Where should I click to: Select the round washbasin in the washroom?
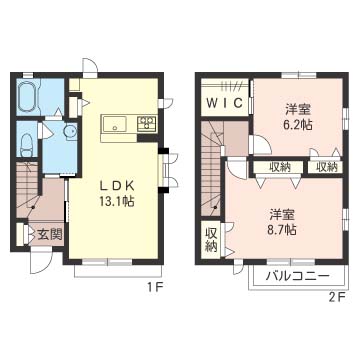(x=70, y=131)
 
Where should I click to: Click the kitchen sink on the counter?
(x=114, y=124)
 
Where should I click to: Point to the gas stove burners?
(x=147, y=123)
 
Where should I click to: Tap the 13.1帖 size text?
(x=116, y=201)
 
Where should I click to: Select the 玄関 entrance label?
(x=50, y=235)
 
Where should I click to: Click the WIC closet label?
(x=224, y=103)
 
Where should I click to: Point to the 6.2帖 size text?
(x=298, y=125)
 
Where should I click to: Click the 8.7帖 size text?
(x=282, y=229)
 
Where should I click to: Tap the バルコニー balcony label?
(x=298, y=276)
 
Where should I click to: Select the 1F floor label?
(x=153, y=287)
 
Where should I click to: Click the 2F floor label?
(x=336, y=296)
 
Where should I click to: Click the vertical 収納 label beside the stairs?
(x=211, y=239)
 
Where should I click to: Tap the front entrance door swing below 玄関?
(x=41, y=263)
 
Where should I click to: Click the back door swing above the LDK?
(x=90, y=66)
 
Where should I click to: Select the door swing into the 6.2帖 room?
(x=262, y=145)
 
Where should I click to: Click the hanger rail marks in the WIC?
(x=230, y=86)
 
